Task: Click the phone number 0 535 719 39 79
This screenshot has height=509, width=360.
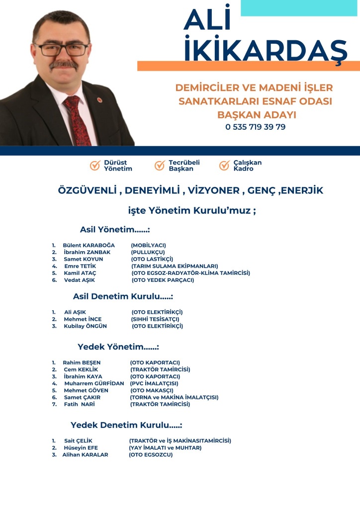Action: pyautogui.click(x=255, y=127)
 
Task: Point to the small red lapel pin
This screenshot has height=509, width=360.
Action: pyautogui.click(x=99, y=99)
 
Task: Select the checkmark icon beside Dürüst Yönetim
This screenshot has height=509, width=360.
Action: pyautogui.click(x=95, y=166)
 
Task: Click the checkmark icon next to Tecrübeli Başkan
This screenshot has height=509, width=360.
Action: pyautogui.click(x=160, y=166)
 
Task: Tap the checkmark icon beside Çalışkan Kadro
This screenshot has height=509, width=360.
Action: pyautogui.click(x=224, y=166)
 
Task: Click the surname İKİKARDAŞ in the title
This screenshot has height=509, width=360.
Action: pyautogui.click(x=265, y=50)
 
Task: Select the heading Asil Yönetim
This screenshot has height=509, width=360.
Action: pyautogui.click(x=114, y=230)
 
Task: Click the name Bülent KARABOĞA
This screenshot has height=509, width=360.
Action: pyautogui.click(x=89, y=246)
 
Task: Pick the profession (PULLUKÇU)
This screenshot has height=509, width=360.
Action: pyautogui.click(x=148, y=253)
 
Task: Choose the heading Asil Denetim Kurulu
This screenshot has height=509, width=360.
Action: pyautogui.click(x=122, y=296)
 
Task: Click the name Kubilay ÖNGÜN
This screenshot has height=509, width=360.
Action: pyautogui.click(x=85, y=326)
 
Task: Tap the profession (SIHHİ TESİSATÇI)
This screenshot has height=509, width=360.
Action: pyautogui.click(x=155, y=319)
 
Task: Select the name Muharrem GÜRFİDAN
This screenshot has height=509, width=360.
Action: pyautogui.click(x=94, y=384)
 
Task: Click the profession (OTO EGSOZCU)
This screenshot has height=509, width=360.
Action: pyautogui.click(x=151, y=455)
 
